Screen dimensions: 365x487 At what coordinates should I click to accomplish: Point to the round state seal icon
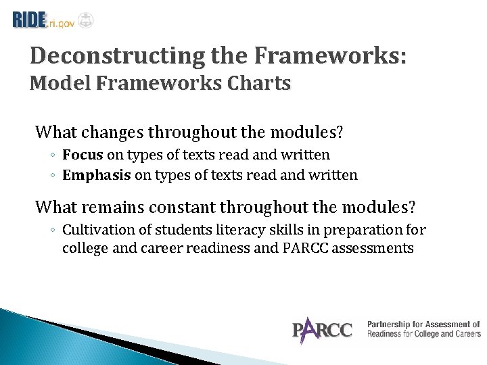pos(85,20)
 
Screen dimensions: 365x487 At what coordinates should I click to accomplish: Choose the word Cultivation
pos(95,229)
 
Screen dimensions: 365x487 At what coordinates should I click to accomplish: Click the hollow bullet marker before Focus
pos(53,155)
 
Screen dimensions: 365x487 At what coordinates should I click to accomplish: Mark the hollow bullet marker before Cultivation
pos(53,230)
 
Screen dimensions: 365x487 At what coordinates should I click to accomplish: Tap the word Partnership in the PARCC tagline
pos(386,324)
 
